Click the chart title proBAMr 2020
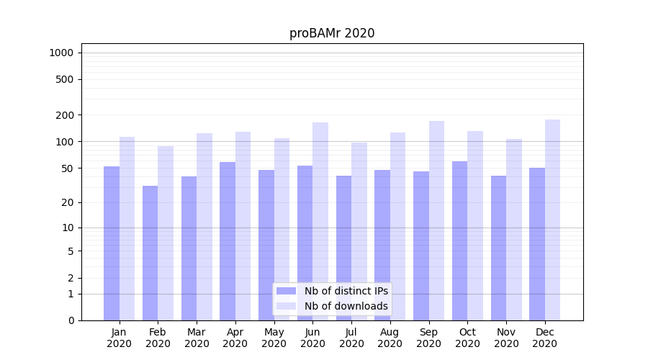(332, 33)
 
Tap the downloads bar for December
(552, 220)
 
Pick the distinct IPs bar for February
(150, 253)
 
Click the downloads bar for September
(436, 220)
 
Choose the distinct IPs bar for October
(459, 240)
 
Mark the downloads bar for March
(204, 227)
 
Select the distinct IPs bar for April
(228, 241)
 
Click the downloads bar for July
(359, 231)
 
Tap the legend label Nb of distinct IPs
(346, 291)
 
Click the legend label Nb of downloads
(346, 306)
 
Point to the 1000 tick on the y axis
(61, 53)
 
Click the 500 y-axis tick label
(65, 79)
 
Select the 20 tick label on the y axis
(67, 202)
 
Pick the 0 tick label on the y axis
(71, 320)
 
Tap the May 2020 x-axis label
(274, 338)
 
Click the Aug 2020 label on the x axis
(390, 338)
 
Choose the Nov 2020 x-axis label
(506, 338)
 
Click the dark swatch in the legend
(287, 291)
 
